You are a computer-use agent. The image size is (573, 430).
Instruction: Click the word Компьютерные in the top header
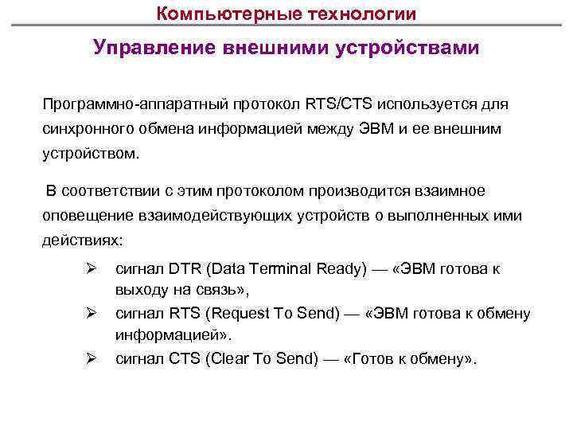211,14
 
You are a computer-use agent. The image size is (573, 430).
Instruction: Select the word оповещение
87,215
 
